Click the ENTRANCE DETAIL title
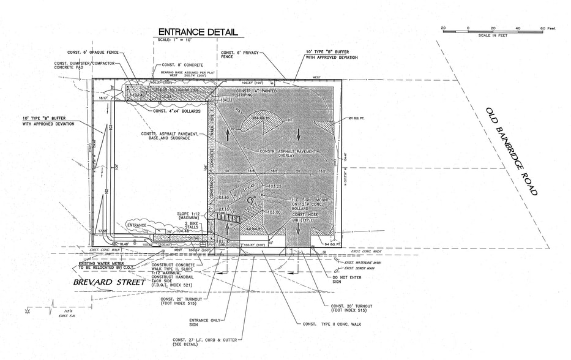198,32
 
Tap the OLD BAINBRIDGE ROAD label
511,151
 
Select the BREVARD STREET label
110,282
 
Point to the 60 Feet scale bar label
547,28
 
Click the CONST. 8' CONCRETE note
183,65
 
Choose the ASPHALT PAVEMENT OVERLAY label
288,153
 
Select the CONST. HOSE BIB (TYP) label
307,218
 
